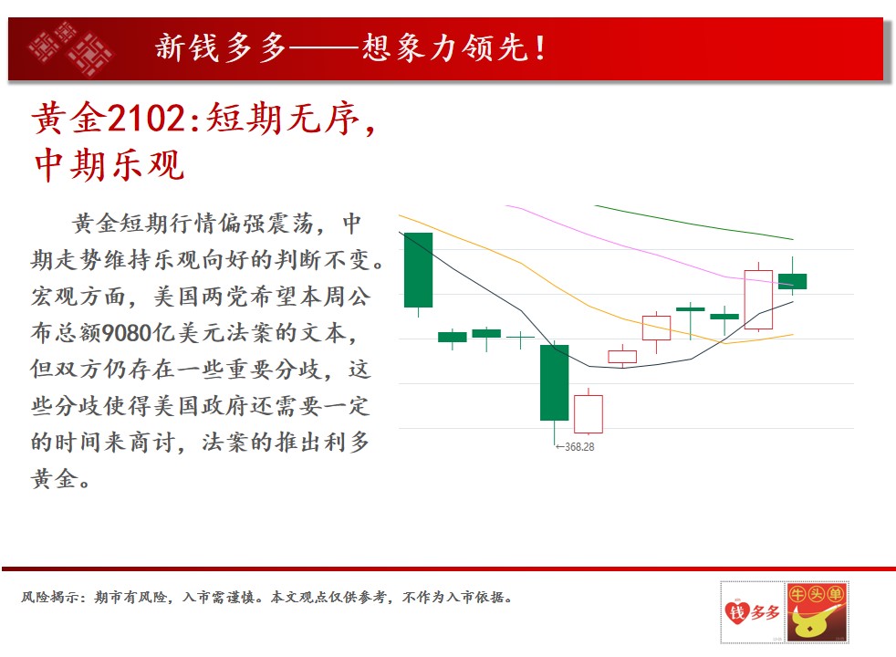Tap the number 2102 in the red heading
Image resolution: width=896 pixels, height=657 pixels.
(x=146, y=119)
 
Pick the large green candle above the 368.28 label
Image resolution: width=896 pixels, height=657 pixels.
(x=554, y=382)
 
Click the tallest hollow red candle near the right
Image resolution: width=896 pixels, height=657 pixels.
(x=758, y=299)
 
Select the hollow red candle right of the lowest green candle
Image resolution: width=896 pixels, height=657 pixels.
(x=588, y=413)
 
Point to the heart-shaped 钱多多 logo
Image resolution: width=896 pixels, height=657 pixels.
(x=752, y=612)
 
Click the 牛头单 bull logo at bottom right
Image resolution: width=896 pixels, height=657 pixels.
(x=817, y=612)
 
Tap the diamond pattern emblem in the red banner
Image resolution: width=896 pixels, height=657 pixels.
(x=70, y=48)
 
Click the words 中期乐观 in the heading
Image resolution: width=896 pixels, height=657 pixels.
(x=109, y=166)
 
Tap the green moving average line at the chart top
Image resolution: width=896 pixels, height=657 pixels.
(x=693, y=223)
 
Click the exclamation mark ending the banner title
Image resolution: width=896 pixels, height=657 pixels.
(x=540, y=47)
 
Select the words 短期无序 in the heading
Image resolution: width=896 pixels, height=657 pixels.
(x=282, y=119)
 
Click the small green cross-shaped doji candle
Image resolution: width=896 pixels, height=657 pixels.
(x=521, y=339)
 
